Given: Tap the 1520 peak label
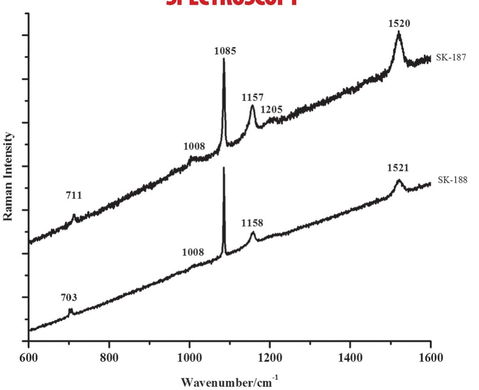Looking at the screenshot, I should click(x=399, y=23).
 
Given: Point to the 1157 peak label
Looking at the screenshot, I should click(x=253, y=98).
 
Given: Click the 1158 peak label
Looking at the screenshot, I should click(x=252, y=224).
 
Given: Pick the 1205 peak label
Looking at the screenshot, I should click(x=272, y=109).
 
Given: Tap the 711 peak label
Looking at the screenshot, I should click(x=74, y=195).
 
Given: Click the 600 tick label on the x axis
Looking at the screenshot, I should click(x=29, y=358).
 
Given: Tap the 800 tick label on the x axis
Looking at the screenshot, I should click(x=109, y=358).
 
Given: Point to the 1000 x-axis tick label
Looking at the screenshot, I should click(x=189, y=358).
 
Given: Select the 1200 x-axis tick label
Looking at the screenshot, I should click(x=270, y=358).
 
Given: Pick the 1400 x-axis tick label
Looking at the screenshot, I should click(x=350, y=358).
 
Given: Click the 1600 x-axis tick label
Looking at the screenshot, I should click(x=430, y=358).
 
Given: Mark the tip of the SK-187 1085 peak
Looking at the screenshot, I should click(x=224, y=59).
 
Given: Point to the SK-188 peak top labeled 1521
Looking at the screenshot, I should click(x=399, y=180).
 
